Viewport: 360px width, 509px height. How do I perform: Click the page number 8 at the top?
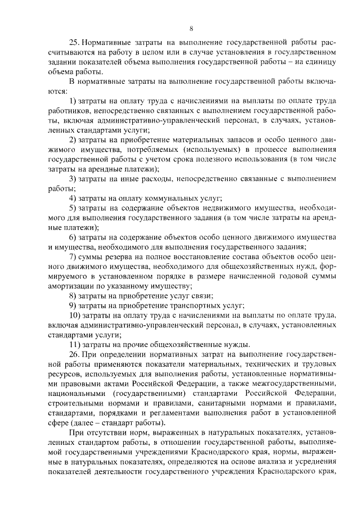191,28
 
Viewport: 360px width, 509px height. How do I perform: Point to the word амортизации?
74,286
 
